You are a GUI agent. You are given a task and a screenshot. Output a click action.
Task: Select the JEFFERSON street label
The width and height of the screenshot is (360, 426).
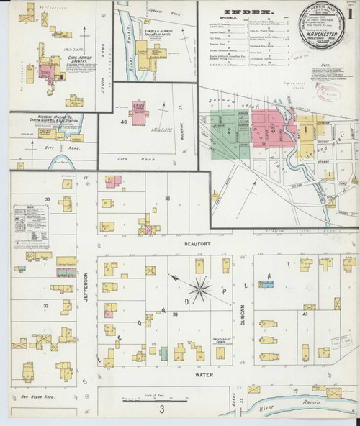(x=85, y=286)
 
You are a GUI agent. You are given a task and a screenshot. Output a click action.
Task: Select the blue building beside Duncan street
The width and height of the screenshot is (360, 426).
(x=267, y=284)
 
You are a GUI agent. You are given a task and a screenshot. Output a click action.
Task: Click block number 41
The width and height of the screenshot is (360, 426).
(x=305, y=314)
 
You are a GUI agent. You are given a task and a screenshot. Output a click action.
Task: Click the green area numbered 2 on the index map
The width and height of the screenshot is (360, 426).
(x=229, y=130)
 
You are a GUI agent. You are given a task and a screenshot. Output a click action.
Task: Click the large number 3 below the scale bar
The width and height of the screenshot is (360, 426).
(x=163, y=410)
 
